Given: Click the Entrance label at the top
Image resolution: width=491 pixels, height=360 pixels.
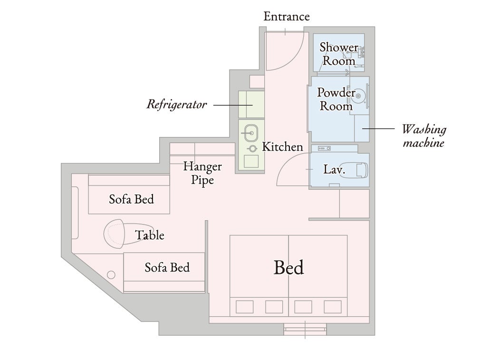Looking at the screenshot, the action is (287, 16).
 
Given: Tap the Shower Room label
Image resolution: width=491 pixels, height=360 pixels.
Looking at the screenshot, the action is (339, 54).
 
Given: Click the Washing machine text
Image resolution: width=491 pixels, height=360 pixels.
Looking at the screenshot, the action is (424, 136).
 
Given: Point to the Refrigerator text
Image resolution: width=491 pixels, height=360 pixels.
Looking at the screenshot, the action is (177, 105).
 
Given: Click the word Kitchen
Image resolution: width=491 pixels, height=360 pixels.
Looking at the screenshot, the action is (282, 146).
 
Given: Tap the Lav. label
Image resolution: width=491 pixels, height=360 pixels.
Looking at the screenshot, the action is (334, 169).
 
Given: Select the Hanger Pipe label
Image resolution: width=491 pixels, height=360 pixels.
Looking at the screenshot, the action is (202, 173).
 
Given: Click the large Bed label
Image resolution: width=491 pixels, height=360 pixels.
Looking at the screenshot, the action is (289, 268).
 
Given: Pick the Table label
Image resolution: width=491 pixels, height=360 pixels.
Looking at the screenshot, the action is (150, 235).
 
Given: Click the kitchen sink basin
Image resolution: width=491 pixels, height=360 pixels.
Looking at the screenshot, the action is (251, 133).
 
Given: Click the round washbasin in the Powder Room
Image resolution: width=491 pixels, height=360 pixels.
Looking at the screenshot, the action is (358, 96).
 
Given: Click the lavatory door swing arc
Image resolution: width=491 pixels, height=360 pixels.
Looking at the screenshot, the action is (283, 165).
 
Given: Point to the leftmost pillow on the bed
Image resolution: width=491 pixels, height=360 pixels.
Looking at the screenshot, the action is (244, 307).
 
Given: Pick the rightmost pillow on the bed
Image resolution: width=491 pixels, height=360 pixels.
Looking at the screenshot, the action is (333, 307).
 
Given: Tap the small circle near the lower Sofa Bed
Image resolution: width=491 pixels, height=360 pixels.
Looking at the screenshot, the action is (111, 275).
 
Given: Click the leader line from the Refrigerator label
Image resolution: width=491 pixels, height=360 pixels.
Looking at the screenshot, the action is (233, 105).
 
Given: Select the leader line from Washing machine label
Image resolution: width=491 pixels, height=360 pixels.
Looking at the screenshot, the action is (378, 128).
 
